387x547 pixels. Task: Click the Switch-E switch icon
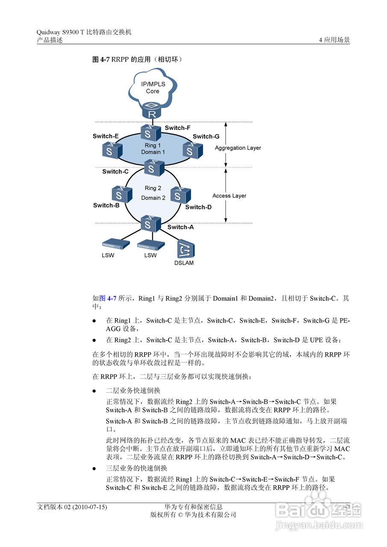112,149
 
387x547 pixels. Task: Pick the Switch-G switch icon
192,149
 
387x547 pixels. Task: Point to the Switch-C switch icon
154,167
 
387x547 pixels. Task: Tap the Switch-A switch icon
151,223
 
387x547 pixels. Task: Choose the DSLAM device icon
186,249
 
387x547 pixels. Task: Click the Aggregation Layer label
238,148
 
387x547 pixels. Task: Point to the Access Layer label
229,196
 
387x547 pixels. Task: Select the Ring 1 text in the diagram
153,146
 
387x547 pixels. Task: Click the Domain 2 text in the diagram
153,198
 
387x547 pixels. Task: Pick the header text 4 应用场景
334,40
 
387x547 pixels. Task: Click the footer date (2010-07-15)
90,507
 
